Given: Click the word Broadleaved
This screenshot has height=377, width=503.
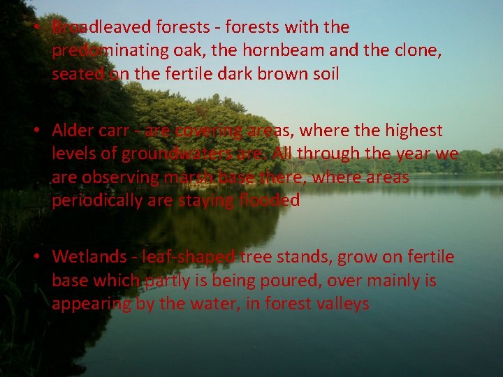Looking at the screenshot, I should tap(101, 27).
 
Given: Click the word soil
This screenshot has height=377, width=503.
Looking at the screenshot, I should tap(324, 73).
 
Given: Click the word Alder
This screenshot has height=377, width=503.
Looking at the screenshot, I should tap(73, 131).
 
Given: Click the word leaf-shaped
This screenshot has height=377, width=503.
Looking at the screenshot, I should tap(188, 257).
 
